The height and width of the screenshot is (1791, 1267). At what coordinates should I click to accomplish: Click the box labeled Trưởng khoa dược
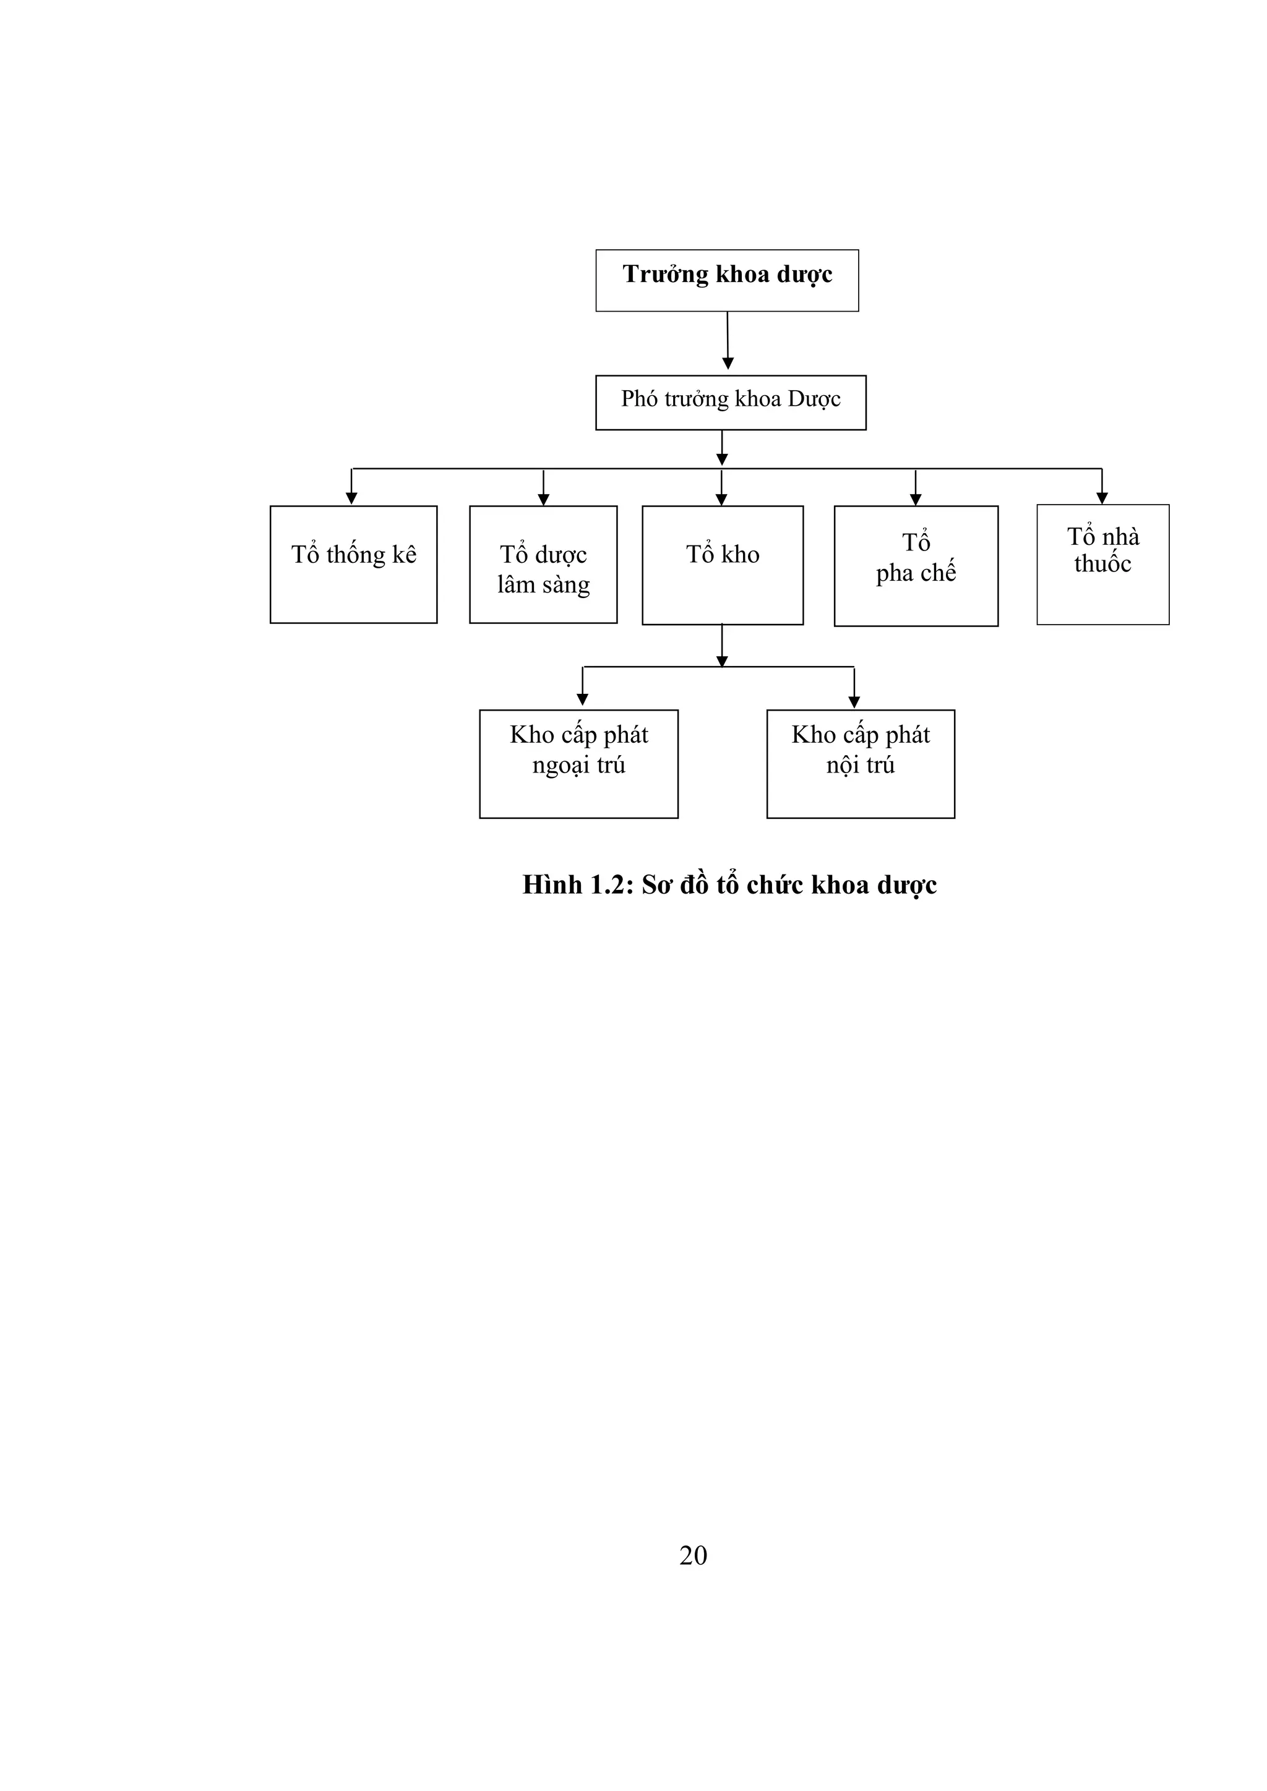point(726,280)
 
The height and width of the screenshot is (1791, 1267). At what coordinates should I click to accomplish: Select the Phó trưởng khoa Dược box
point(730,403)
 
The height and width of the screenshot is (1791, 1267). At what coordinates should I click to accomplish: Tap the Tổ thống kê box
point(353,564)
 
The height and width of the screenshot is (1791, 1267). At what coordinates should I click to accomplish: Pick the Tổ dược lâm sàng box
point(543,564)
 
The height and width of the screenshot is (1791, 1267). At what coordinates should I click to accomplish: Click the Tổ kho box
point(723,565)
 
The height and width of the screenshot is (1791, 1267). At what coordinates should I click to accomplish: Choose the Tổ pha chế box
point(916,565)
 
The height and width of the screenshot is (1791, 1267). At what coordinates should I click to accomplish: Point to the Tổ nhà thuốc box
point(1102,564)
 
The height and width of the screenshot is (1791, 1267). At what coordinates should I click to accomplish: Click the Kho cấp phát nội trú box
point(861,764)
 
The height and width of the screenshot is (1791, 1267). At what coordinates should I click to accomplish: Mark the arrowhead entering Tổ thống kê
point(352,498)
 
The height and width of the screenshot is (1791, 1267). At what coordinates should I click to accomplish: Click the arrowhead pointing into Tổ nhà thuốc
point(1102,498)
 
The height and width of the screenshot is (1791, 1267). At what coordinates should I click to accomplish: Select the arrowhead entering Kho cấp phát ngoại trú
point(582,699)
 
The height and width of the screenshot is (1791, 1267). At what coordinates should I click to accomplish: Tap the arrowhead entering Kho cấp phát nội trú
point(854,702)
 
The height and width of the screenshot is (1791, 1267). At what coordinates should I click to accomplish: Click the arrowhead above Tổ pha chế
point(916,499)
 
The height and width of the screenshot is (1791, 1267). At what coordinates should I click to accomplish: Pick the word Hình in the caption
point(552,884)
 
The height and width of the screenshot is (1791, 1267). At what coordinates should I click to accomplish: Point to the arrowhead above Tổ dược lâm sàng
point(544,499)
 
